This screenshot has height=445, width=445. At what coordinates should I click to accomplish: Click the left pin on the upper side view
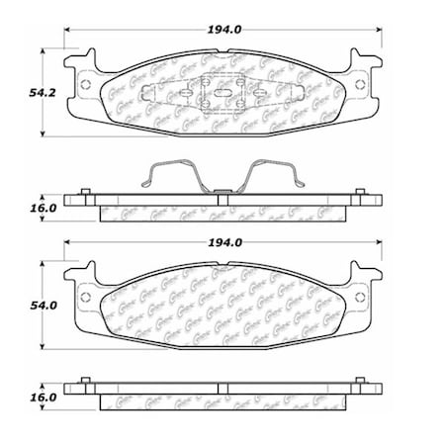click(86, 191)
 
